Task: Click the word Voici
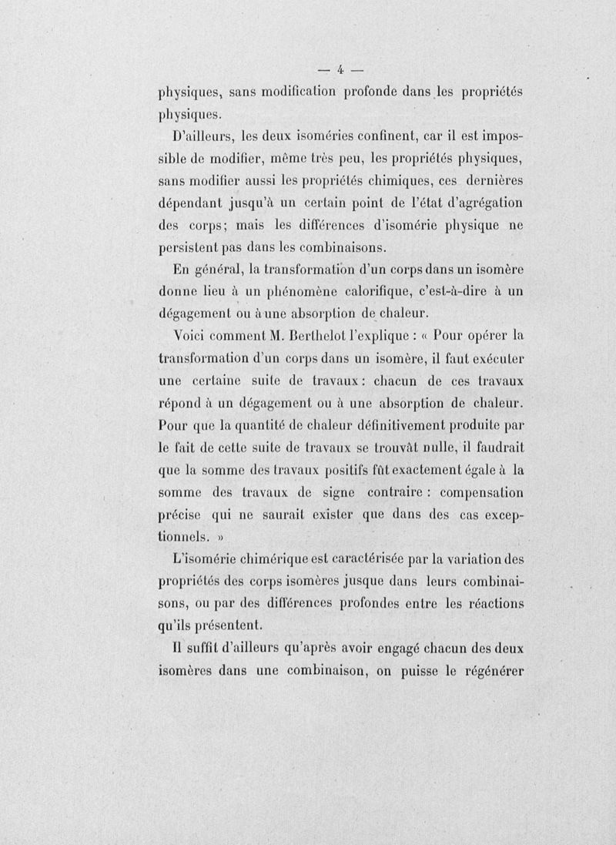(197, 337)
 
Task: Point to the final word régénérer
(490, 669)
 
